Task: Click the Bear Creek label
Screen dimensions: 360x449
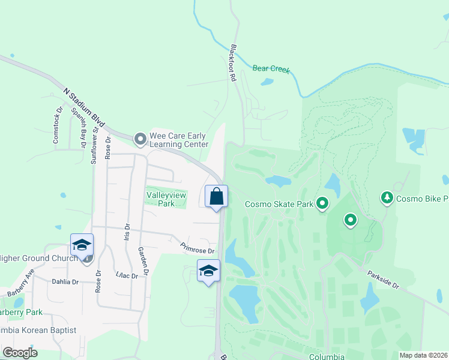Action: click(x=271, y=69)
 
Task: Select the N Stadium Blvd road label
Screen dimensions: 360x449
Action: click(x=84, y=108)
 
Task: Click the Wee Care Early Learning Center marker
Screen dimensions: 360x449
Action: click(x=140, y=139)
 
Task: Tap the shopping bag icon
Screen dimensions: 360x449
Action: click(x=216, y=196)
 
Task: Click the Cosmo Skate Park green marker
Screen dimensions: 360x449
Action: click(x=322, y=204)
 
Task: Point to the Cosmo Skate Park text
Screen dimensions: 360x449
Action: click(x=279, y=204)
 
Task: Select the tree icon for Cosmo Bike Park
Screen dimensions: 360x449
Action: click(x=388, y=197)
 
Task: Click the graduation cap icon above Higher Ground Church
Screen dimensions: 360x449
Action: click(x=82, y=244)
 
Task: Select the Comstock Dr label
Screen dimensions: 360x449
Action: click(x=58, y=125)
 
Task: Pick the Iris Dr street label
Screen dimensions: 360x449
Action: click(x=127, y=231)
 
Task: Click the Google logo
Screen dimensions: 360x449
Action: click(x=20, y=353)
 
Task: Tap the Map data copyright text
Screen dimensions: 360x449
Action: click(x=423, y=355)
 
